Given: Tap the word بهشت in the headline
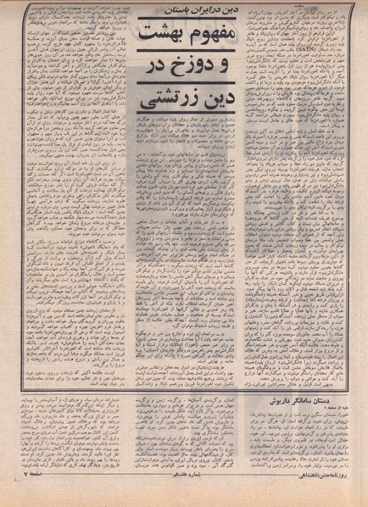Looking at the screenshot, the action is [149, 37].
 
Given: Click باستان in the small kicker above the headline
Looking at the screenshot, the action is [153, 9].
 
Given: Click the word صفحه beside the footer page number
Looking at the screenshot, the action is [25, 496].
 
